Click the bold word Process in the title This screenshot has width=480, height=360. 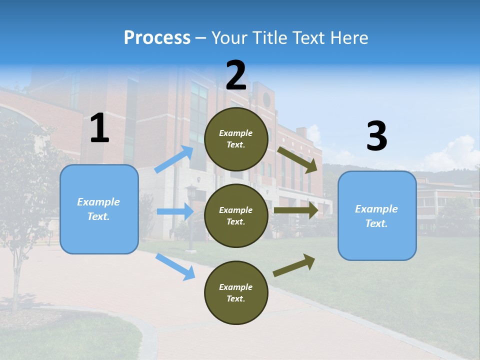pos(157,37)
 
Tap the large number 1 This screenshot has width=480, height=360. pos(99,128)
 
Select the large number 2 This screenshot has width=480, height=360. pos(236,75)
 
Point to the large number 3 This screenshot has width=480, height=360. pos(376,136)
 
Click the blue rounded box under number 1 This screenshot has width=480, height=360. pos(99,209)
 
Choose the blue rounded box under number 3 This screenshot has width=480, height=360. pos(377,215)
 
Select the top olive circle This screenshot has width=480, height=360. pos(236,139)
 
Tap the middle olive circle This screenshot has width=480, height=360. pos(236,215)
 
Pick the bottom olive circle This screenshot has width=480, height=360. pos(236,292)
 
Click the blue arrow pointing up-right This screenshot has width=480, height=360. pos(174,159)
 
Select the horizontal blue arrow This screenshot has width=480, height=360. pos(175,211)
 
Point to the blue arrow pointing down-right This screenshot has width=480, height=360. pos(175,266)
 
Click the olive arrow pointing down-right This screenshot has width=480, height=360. pos(298,159)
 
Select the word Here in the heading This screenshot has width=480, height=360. pos(349,37)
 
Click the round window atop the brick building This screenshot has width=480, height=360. pos(266,99)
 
